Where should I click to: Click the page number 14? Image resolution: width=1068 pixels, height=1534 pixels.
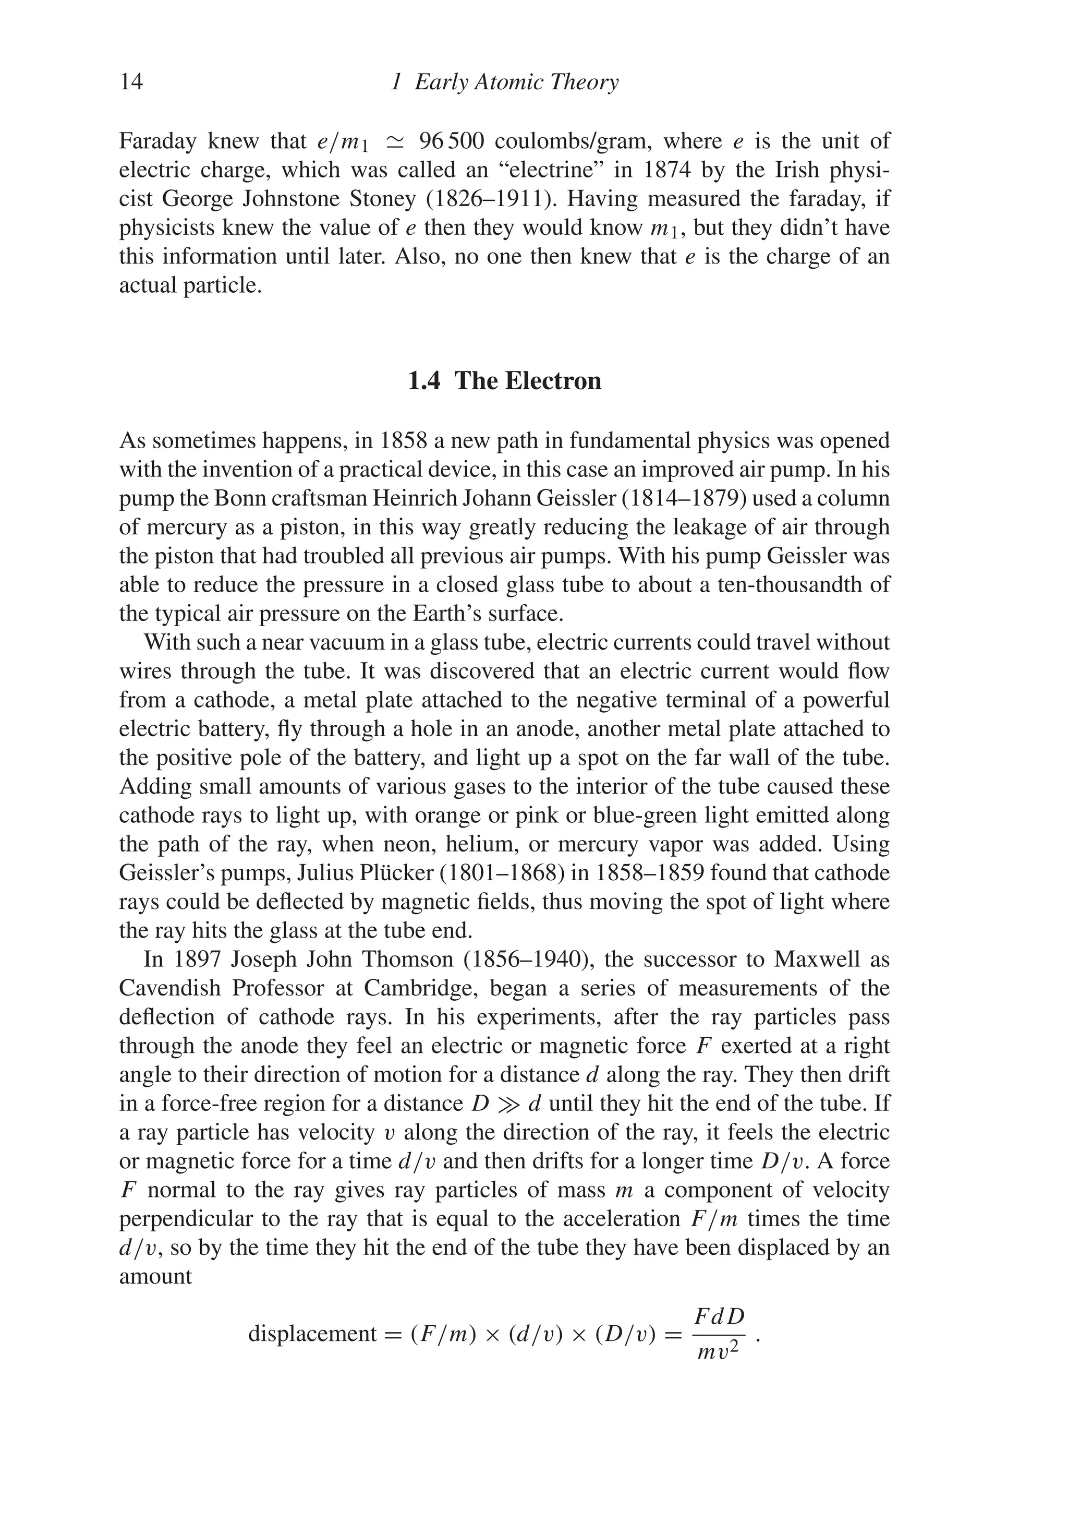[131, 82]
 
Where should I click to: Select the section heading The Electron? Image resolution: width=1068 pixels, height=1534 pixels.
[528, 381]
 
